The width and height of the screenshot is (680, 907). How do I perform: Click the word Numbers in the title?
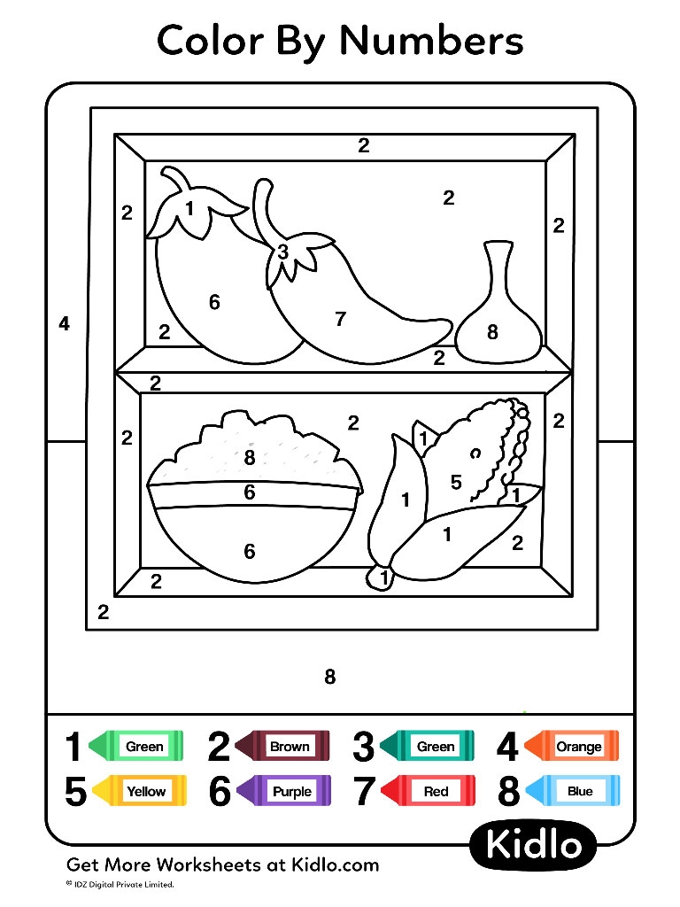(431, 41)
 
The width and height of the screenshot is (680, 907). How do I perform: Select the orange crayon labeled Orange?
(571, 747)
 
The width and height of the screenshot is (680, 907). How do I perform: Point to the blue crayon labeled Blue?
(574, 791)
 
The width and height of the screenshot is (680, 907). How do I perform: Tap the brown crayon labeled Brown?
(282, 747)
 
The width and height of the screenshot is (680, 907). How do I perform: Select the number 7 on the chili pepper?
(341, 320)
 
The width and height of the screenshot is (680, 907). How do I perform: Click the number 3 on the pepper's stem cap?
(282, 252)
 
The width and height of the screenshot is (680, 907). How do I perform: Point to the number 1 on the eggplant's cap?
(189, 209)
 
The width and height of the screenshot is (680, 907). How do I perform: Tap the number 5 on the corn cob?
(456, 483)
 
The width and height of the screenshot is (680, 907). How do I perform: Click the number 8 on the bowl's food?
(250, 458)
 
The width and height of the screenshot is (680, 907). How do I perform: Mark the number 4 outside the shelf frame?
(64, 324)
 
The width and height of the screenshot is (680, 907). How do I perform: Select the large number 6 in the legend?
(220, 792)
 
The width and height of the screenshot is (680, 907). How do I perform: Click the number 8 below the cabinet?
(329, 678)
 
